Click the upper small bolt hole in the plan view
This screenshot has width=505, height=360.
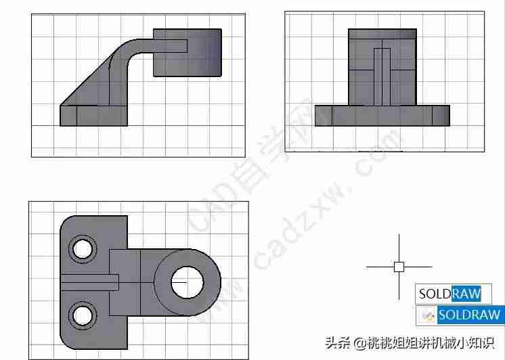(x=83, y=249)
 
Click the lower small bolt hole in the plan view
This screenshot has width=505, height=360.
(x=83, y=315)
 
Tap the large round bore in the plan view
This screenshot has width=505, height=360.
(x=187, y=282)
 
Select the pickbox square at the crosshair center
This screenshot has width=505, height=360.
(x=399, y=267)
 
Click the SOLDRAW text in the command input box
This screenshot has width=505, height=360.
(x=450, y=293)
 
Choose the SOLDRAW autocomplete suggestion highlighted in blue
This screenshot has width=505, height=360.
(x=469, y=314)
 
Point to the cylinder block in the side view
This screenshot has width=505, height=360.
(x=188, y=53)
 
